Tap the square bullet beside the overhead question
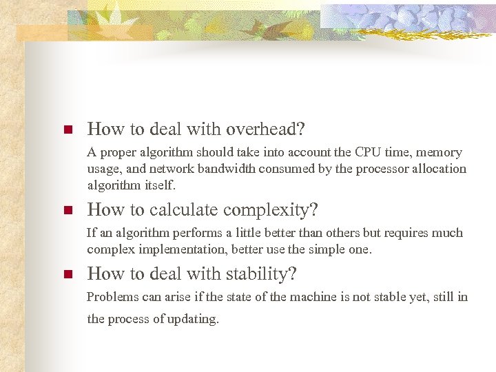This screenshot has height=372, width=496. tap(68, 130)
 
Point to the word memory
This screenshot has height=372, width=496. tap(439, 152)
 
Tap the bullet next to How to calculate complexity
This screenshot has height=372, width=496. tap(68, 210)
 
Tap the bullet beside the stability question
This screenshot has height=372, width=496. tap(68, 274)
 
